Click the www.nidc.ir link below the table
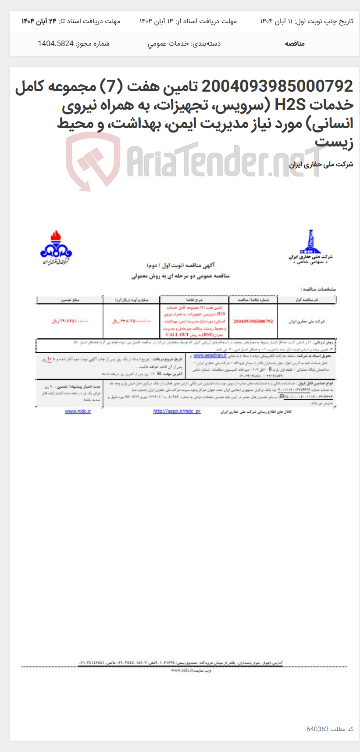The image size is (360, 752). (x=78, y=411)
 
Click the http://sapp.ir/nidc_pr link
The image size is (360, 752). (x=177, y=411)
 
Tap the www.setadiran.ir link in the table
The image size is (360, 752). (x=210, y=355)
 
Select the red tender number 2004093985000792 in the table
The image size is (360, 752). (x=253, y=321)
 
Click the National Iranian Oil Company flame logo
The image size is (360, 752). (x=56, y=246)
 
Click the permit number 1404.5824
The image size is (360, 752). (x=56, y=43)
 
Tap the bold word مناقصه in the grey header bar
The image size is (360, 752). (x=295, y=43)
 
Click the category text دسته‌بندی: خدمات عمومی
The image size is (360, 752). (x=184, y=43)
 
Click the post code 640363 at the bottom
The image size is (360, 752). (x=317, y=729)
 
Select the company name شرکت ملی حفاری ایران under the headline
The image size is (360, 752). (x=321, y=165)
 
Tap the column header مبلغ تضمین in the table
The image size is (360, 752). (x=70, y=300)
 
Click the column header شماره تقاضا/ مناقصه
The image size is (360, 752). (x=253, y=300)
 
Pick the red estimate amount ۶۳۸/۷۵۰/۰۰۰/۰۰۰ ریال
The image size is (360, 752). (x=131, y=321)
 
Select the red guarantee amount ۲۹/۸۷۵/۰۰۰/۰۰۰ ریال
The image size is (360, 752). (x=70, y=321)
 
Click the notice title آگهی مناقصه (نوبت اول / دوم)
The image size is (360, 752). (x=181, y=266)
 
